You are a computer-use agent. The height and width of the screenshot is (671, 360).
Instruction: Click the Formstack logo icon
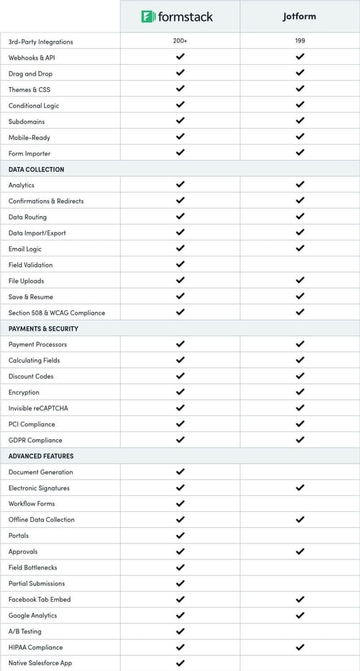point(148,16)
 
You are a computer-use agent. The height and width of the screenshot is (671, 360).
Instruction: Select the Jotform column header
point(300,16)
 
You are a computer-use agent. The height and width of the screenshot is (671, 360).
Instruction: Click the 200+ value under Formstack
point(180,42)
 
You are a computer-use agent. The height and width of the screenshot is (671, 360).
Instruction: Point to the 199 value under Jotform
point(300,42)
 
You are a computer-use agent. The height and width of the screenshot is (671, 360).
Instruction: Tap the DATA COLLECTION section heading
point(36,169)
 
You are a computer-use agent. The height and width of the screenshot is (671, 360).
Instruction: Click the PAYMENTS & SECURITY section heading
point(43,328)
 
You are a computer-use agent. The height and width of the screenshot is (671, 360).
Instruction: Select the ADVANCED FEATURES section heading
point(41,456)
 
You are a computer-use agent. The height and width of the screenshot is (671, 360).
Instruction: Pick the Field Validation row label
point(30,265)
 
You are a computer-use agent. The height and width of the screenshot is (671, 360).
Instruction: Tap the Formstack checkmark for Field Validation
point(180,264)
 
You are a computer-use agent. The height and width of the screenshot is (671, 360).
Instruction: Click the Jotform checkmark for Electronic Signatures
point(300,487)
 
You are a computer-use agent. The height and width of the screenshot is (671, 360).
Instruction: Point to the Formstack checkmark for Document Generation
point(180,472)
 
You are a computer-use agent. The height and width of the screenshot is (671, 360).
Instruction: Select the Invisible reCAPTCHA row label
point(38,408)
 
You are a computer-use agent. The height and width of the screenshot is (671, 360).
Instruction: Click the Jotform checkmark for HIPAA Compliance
point(300,647)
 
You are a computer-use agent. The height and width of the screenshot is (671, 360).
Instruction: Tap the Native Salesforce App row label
point(40,662)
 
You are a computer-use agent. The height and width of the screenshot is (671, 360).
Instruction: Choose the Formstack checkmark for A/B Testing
point(180,631)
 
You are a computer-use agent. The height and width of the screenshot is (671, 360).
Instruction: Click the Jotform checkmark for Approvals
point(300,551)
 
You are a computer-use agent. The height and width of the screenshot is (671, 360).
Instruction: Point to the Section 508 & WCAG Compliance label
point(56,312)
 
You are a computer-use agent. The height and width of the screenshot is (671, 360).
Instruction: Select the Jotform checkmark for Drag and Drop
point(300,73)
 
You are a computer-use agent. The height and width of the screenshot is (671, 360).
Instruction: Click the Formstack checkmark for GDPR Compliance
point(180,439)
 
